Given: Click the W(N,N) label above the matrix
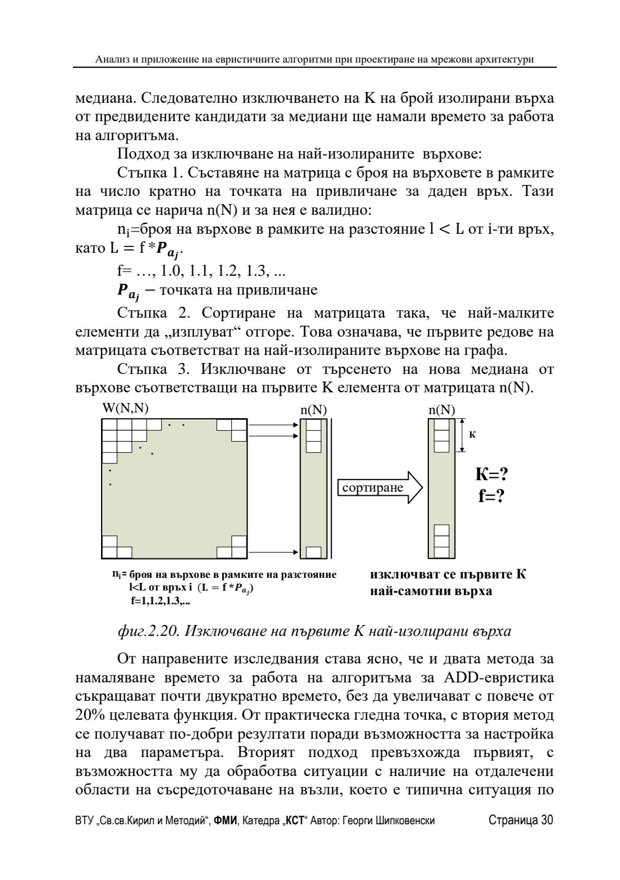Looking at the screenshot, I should pos(125,409).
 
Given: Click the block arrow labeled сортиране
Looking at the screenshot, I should pos(379,488).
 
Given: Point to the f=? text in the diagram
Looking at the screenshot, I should pos(491,495).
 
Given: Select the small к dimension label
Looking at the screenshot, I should pos(472,434).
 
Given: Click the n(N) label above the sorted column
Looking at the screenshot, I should pos(441,410).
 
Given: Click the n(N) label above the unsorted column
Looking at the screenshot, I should pos(313,410).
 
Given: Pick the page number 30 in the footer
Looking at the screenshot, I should pos(547,820).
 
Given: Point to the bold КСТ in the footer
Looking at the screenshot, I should pos(294,820).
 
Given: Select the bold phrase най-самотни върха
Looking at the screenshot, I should pos(431,590).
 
